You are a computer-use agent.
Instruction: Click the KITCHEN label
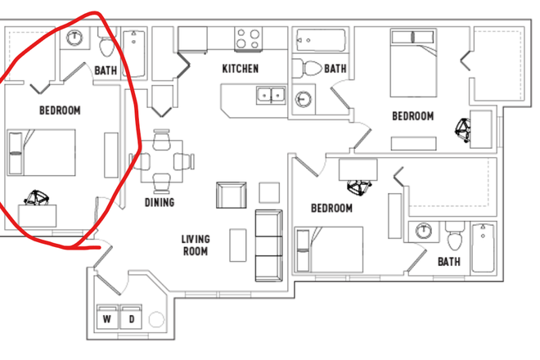coord(240,69)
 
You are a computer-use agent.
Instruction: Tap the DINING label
coord(160,202)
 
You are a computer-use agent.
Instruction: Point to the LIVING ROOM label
coord(196,245)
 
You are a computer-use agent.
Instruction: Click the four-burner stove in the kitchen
coord(249,38)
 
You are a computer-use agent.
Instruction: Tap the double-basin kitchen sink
coord(270,96)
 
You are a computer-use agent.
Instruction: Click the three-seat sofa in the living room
coord(268,245)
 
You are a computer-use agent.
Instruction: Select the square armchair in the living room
coord(231,196)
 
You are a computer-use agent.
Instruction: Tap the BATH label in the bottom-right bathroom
coord(448,262)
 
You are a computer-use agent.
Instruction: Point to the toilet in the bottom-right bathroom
coord(455,236)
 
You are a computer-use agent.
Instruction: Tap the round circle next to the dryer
coord(157,318)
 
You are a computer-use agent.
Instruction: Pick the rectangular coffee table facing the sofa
coord(238,245)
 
